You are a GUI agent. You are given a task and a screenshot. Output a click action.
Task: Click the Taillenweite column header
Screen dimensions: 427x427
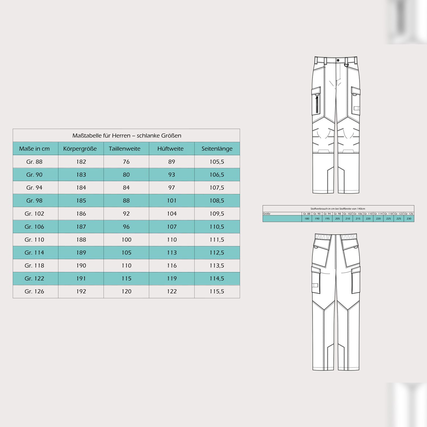click(124, 149)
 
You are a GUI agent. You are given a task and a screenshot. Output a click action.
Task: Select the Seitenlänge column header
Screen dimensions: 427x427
click(217, 149)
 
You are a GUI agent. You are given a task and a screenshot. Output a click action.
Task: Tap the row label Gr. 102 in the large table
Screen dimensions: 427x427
click(34, 213)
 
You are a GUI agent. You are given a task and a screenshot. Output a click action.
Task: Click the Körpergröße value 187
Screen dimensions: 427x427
click(81, 227)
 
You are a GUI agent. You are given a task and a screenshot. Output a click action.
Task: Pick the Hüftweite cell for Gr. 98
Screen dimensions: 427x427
click(172, 201)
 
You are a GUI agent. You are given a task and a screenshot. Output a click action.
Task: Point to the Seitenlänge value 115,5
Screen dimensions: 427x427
click(217, 291)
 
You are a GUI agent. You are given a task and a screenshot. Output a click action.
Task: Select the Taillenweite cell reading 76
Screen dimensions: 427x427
click(126, 162)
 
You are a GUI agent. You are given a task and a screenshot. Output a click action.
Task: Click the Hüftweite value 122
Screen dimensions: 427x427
click(172, 291)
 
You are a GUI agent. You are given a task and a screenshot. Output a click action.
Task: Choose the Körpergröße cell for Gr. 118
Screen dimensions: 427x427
click(81, 266)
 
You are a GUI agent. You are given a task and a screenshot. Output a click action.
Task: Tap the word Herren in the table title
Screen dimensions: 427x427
click(121, 136)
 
